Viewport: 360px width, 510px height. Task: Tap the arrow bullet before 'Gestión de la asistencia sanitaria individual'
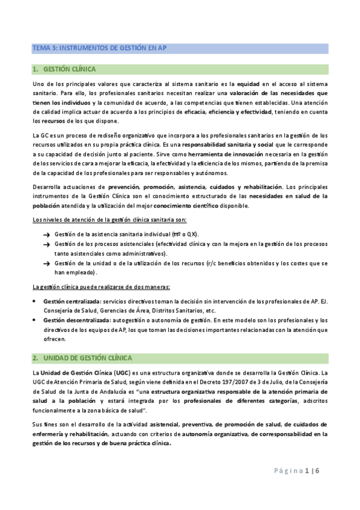(46, 234)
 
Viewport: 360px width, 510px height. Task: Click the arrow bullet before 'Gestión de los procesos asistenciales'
(46, 244)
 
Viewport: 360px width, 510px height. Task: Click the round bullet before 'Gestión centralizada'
(34, 301)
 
